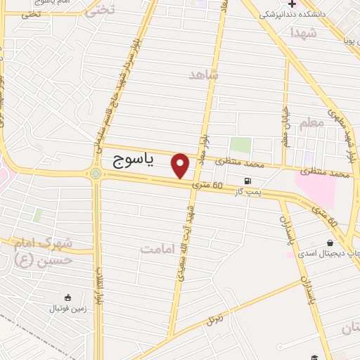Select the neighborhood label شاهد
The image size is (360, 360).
click(204, 74)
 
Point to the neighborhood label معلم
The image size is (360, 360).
click(312, 122)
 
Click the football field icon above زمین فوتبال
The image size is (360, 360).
click(67, 297)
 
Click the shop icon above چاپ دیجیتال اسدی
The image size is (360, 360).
click(329, 243)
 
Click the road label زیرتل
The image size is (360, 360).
click(210, 319)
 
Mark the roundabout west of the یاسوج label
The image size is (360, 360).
click(95, 173)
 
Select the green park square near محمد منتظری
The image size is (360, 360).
click(241, 146)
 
